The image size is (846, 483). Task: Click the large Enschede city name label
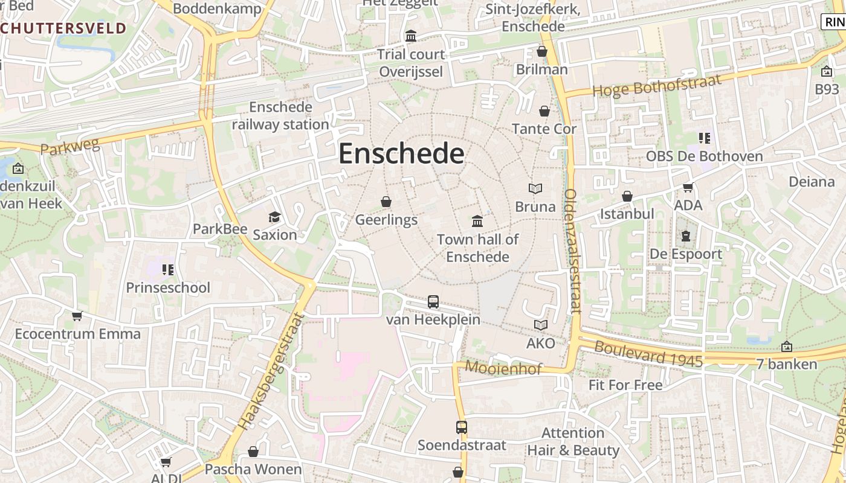pyautogui.click(x=401, y=154)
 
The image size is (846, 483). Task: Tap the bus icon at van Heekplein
pyautogui.click(x=433, y=302)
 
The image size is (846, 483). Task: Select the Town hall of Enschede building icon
pyautogui.click(x=477, y=222)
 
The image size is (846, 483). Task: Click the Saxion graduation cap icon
pyautogui.click(x=275, y=217)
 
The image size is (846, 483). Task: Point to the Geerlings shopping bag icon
pyautogui.click(x=386, y=202)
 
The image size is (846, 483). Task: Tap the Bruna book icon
pyautogui.click(x=535, y=189)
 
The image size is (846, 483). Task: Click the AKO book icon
pyautogui.click(x=540, y=325)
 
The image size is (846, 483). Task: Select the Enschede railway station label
pyautogui.click(x=280, y=116)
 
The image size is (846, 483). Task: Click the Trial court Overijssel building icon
pyautogui.click(x=411, y=36)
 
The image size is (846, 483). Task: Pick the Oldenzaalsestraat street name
pyautogui.click(x=572, y=251)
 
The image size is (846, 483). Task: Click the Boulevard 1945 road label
pyautogui.click(x=648, y=354)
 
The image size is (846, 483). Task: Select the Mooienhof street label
pyautogui.click(x=503, y=368)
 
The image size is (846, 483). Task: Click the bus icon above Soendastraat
pyautogui.click(x=462, y=427)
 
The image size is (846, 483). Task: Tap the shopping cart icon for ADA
pyautogui.click(x=688, y=188)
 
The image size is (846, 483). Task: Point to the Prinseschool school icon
pyautogui.click(x=168, y=269)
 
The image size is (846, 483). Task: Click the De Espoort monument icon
pyautogui.click(x=685, y=236)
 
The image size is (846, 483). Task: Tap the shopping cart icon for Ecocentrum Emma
pyautogui.click(x=77, y=316)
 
